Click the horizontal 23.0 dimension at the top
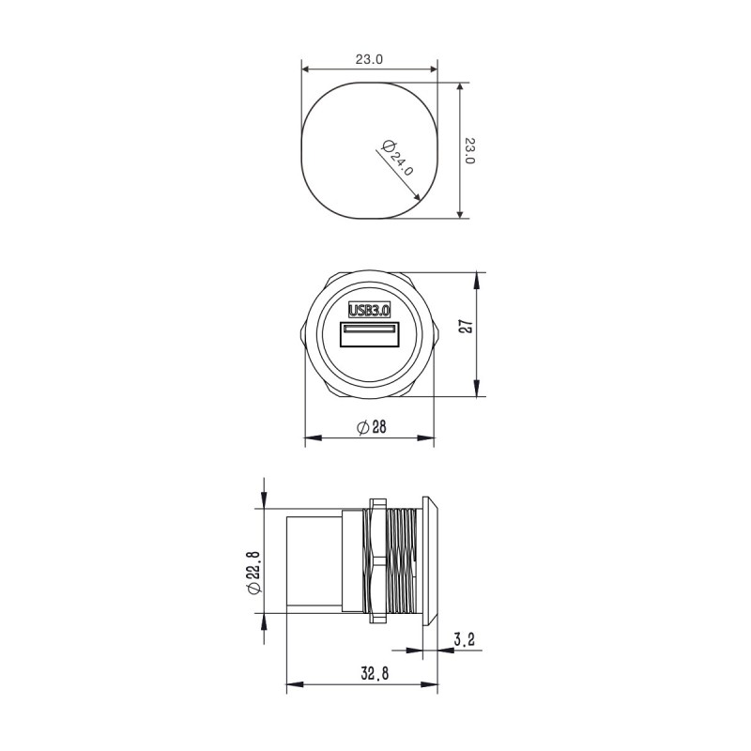369,59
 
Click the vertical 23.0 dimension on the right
470,150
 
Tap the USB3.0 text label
369,309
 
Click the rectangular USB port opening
369,333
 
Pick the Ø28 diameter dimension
373,427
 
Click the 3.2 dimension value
464,640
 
